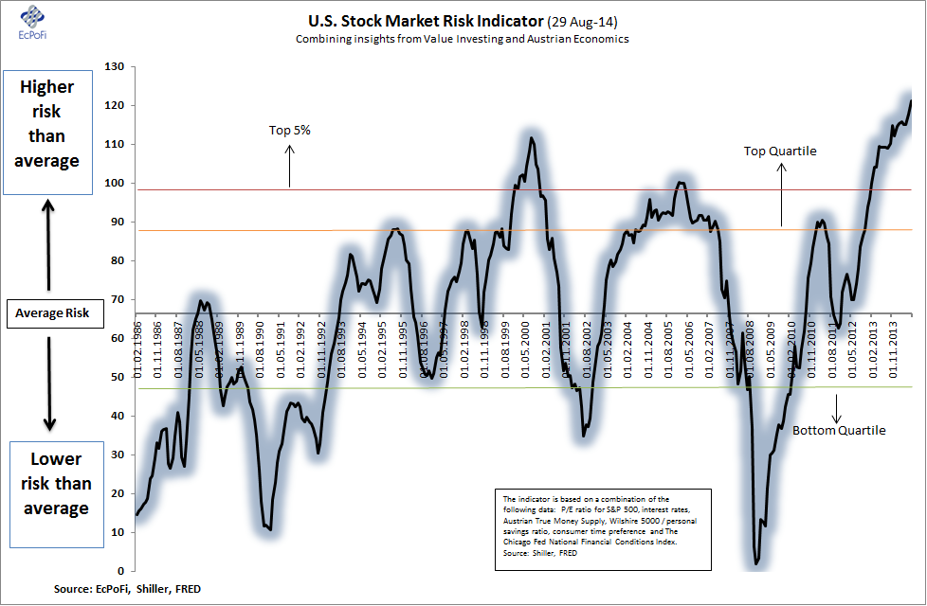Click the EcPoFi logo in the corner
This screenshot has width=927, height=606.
(27, 22)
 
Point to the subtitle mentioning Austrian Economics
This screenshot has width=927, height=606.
(462, 39)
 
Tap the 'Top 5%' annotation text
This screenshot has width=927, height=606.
(290, 131)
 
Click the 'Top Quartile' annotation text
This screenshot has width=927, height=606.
(780, 151)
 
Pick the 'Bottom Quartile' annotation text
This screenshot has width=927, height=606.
(839, 430)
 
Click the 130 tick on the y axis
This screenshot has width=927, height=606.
(117, 67)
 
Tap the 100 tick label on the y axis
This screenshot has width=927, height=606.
(117, 184)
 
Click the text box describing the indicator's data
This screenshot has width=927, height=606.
(603, 529)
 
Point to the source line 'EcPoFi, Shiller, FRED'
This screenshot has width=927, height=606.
(127, 589)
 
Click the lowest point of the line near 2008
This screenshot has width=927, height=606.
(756, 564)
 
